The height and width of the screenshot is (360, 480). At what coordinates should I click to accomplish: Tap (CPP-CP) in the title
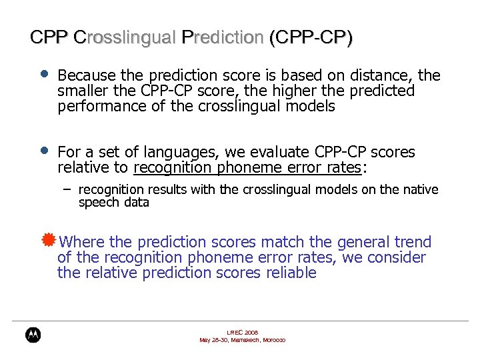point(311,37)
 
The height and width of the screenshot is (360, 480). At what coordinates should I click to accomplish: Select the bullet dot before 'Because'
point(43,74)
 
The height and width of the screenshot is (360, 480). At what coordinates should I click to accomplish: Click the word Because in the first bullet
point(87,76)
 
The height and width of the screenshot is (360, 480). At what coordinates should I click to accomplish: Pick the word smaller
point(83,91)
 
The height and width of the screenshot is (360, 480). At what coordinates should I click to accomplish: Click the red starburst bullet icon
point(47,240)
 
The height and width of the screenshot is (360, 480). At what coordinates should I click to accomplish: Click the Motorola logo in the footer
point(33,335)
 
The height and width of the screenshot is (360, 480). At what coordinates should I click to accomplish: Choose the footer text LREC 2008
point(242,331)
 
